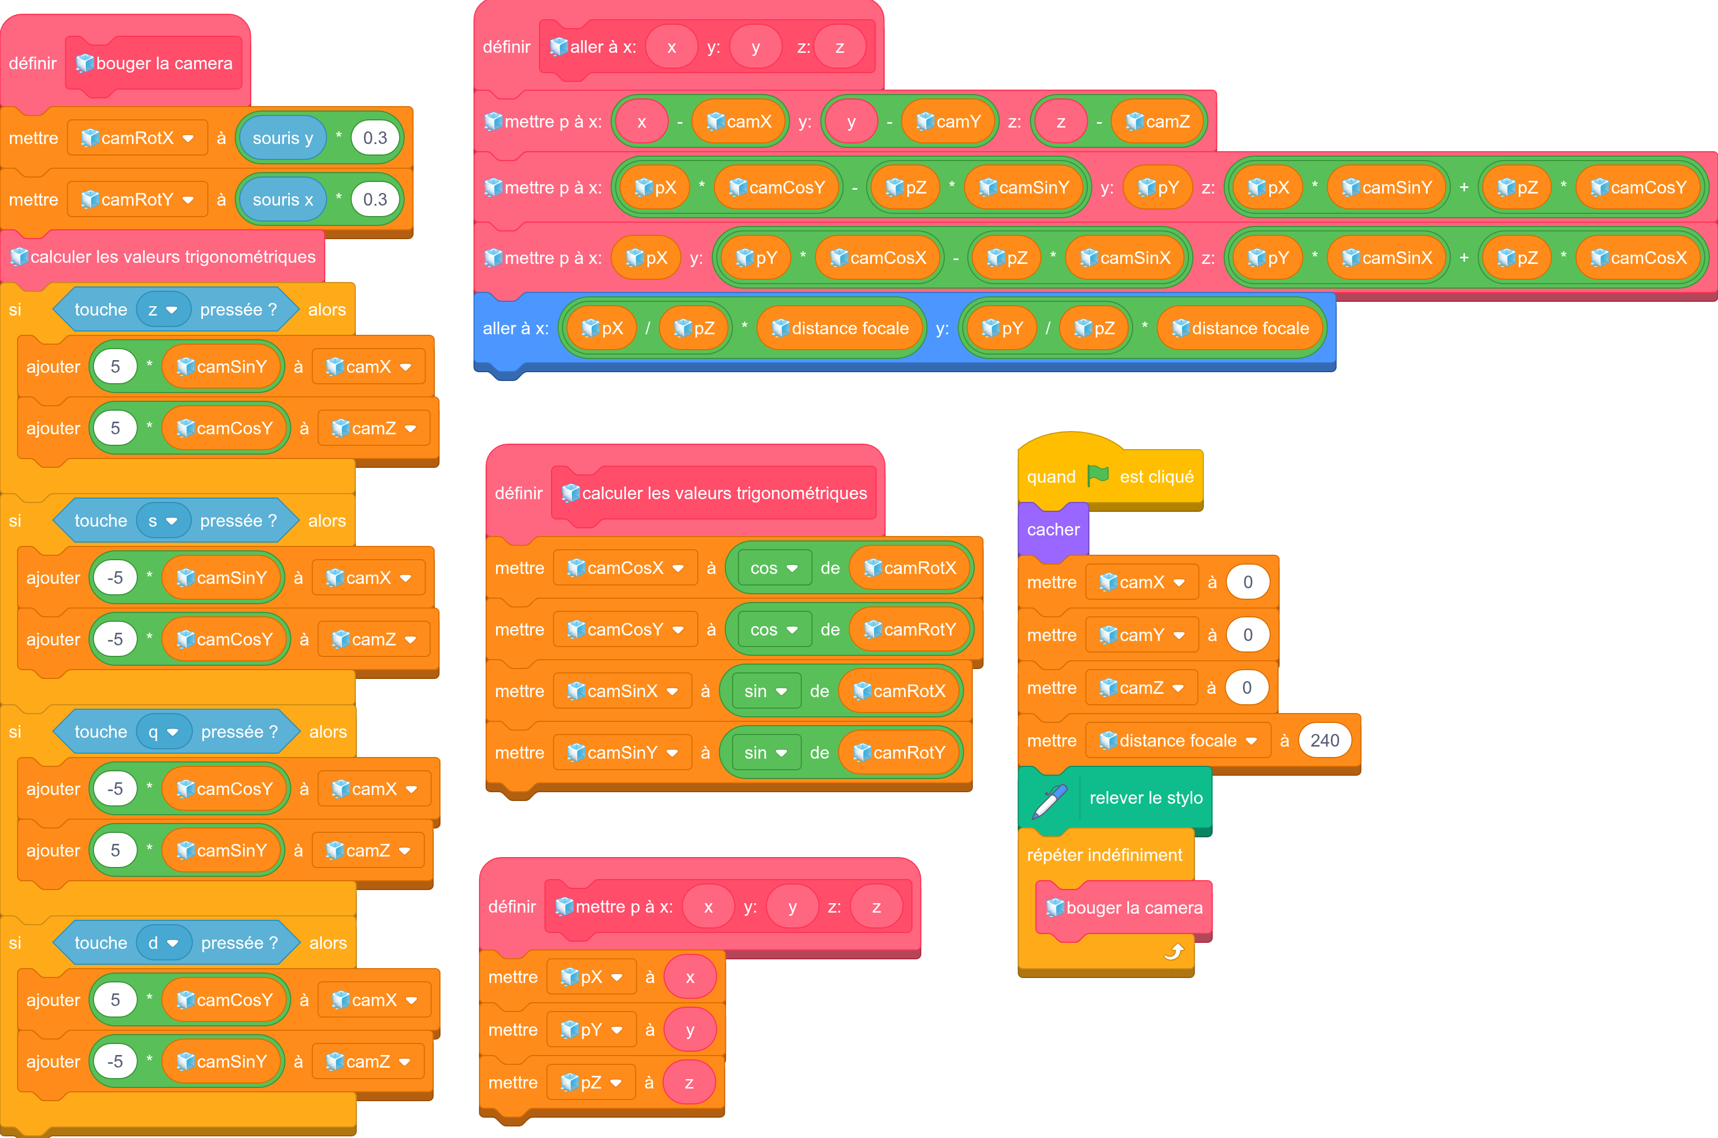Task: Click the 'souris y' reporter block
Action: (282, 138)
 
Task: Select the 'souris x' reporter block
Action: (282, 200)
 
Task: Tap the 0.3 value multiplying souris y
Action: (375, 138)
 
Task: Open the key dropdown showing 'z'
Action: (163, 310)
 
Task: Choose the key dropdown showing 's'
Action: (163, 521)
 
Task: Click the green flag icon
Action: (1098, 476)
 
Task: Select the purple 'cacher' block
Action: (1053, 530)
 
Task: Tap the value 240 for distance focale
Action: (1325, 741)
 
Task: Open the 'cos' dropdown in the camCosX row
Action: (773, 568)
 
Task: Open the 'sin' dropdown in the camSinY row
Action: (765, 753)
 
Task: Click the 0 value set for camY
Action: (1248, 635)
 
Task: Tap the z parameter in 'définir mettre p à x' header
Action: (876, 907)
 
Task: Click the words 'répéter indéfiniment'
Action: (1104, 855)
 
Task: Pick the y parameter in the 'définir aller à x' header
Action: (756, 47)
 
